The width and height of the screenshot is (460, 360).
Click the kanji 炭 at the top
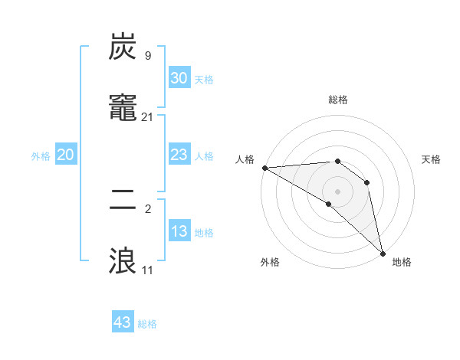coord(123,47)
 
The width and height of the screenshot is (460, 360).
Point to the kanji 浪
coord(123,260)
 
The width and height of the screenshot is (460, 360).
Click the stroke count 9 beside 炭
coord(147,56)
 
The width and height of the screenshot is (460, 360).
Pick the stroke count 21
coord(147,116)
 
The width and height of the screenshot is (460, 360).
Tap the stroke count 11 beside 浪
coord(147,270)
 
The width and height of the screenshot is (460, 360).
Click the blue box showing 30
coord(179,77)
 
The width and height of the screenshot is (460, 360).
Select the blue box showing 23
coord(179,155)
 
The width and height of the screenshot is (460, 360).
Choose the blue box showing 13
coord(179,231)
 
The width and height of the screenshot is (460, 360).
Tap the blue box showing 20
coord(66,155)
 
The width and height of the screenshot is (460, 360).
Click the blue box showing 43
coord(123,322)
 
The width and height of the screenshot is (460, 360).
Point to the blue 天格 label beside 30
coord(204,80)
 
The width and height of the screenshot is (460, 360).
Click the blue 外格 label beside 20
coord(41,156)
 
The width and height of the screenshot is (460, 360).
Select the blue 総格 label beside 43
coord(147,324)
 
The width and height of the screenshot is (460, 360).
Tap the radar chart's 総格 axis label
coord(338,100)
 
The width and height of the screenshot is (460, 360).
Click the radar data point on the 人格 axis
coord(264,168)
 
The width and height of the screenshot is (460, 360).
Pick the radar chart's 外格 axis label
coord(270,262)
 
